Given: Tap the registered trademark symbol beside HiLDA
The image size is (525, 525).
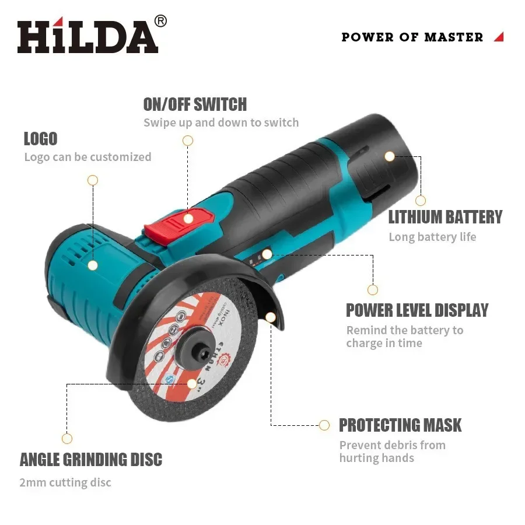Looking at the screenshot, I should coord(160,21).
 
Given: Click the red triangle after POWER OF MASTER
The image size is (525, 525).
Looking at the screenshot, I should coord(498,37).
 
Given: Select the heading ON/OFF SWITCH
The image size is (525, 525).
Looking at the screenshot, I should coord(195,104).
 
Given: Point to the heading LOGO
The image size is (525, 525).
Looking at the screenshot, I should coord(40,139).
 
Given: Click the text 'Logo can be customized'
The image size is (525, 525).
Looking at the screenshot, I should coord(87,157).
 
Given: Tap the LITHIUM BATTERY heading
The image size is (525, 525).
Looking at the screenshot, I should coord(445,217).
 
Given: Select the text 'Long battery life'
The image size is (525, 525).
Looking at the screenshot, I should coord(432,237).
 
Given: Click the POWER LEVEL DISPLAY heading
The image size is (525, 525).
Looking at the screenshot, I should coord(417,310).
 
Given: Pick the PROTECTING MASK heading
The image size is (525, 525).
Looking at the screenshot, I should coord(400,425).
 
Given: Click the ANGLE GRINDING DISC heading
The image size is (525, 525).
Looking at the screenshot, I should coord(91,460).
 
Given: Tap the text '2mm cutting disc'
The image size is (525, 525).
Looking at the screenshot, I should coord(65,482).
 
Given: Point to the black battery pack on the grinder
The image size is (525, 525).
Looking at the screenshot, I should coord(379,157).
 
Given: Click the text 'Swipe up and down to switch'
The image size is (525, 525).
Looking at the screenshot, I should coord(221,123).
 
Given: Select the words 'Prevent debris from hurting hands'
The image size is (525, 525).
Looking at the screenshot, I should coord(392,452).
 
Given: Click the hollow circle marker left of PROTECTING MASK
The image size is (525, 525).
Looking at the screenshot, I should coord(324,425).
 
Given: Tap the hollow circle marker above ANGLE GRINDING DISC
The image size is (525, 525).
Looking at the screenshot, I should coord(67,439).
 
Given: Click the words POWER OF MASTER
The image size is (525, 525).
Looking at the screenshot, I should coord(412,37).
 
